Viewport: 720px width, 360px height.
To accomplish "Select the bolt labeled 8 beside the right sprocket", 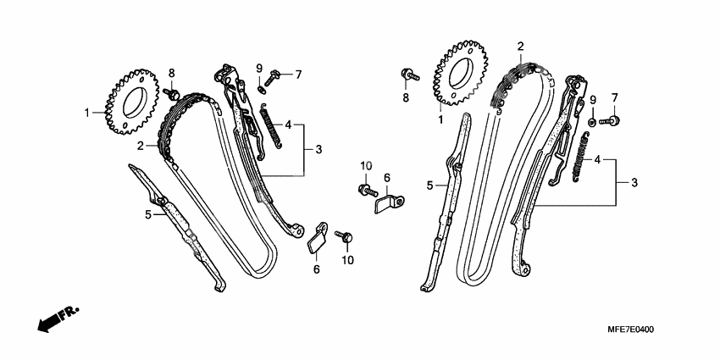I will pos(409,75).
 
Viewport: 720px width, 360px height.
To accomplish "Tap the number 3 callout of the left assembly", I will pos(318,150).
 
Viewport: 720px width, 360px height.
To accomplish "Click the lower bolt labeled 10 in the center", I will pos(342,235).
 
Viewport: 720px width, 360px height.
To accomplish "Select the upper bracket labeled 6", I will pos(390,203).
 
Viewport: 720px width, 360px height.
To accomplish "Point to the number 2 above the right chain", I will pos(520,46).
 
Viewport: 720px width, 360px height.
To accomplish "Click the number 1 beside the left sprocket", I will pos(86,112).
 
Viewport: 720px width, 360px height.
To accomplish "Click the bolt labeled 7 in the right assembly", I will pos(608,120).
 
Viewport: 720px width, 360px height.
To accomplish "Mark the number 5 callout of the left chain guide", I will pos(147,215).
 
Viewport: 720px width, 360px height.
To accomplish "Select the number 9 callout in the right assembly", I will pos(593,98).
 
